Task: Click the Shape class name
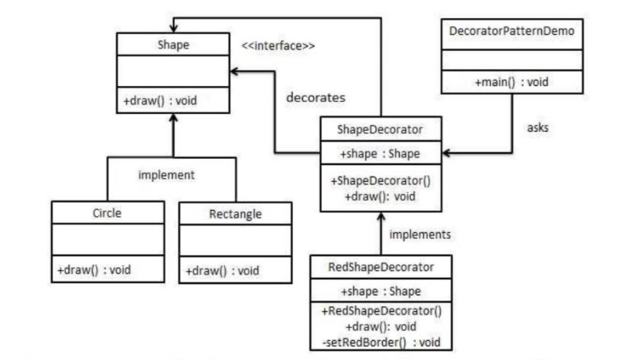point(173,45)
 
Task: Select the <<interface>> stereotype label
point(278,46)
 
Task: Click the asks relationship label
point(537,127)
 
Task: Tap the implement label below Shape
point(166,175)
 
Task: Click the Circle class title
point(107,212)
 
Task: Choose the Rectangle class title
point(234,214)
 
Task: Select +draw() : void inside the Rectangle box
point(222,270)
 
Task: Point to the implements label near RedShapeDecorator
point(419,234)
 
